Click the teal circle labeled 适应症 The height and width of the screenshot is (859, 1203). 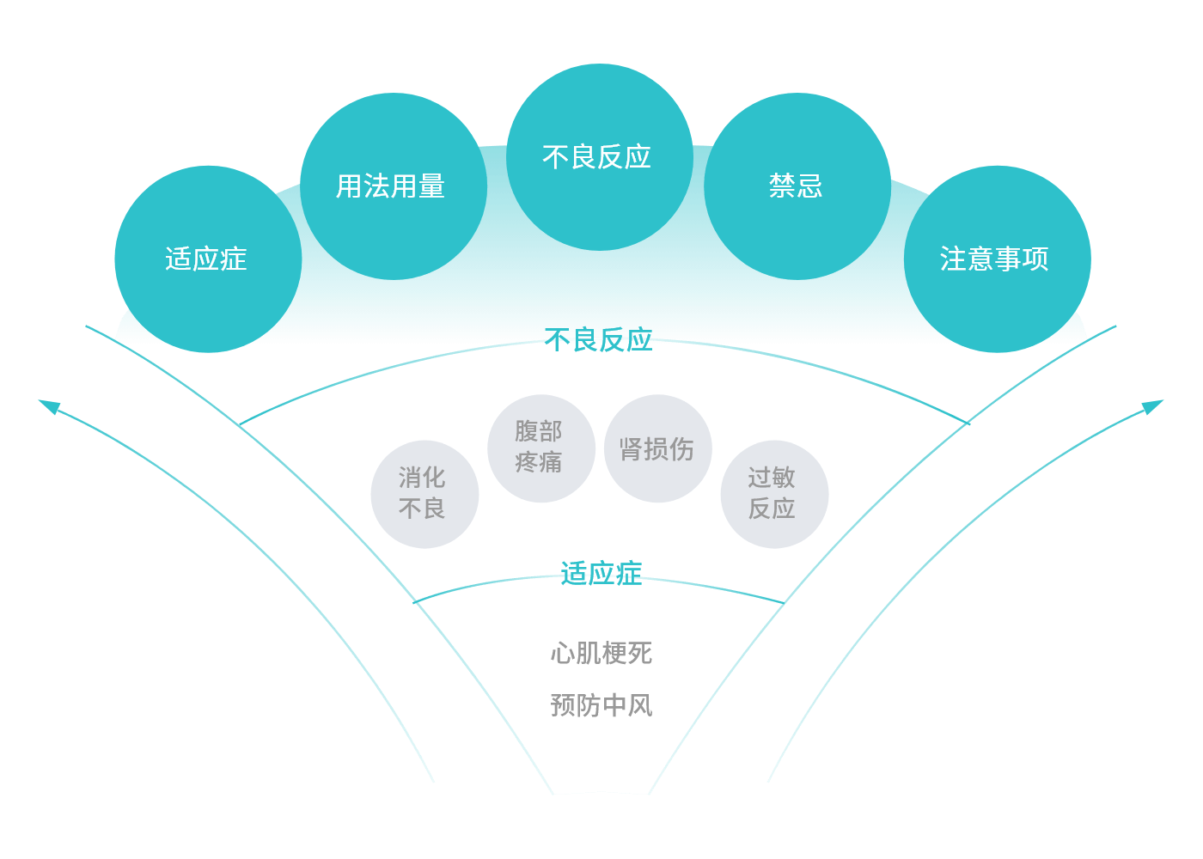[207, 259]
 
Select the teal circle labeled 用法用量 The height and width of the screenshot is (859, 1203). [393, 186]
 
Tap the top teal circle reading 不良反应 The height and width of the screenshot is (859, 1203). [599, 157]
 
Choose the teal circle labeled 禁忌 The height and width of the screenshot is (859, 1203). [797, 186]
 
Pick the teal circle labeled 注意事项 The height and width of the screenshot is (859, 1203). [997, 259]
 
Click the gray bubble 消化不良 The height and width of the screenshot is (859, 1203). [424, 494]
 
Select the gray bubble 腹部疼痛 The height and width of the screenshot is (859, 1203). [540, 448]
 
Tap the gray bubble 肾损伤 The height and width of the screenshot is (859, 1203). [657, 448]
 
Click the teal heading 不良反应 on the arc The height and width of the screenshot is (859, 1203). [599, 340]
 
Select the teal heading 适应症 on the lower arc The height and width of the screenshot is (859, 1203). [601, 573]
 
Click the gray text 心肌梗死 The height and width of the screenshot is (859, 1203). [601, 654]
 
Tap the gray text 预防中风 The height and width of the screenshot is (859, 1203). [601, 705]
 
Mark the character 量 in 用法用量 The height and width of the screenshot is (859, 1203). [432, 186]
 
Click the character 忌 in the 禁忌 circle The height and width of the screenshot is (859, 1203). [809, 186]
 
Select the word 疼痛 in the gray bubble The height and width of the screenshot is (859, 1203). [539, 463]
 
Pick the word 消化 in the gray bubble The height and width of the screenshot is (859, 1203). [422, 478]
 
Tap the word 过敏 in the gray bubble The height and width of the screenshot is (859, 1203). [772, 478]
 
